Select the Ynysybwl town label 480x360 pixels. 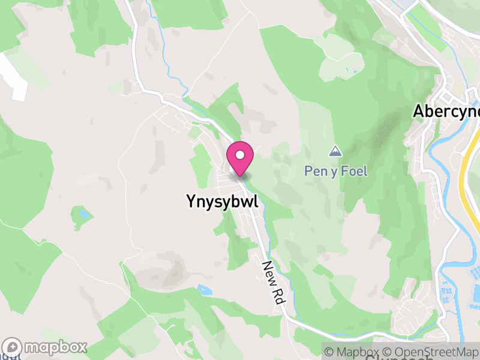tap(222, 202)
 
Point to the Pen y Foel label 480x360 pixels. tap(335, 171)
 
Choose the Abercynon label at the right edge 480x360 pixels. tap(446, 112)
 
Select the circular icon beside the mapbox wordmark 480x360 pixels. tap(13, 347)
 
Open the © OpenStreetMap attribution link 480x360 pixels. tap(431, 352)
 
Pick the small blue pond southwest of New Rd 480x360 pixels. tap(204, 290)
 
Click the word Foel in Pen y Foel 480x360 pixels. tap(354, 171)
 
